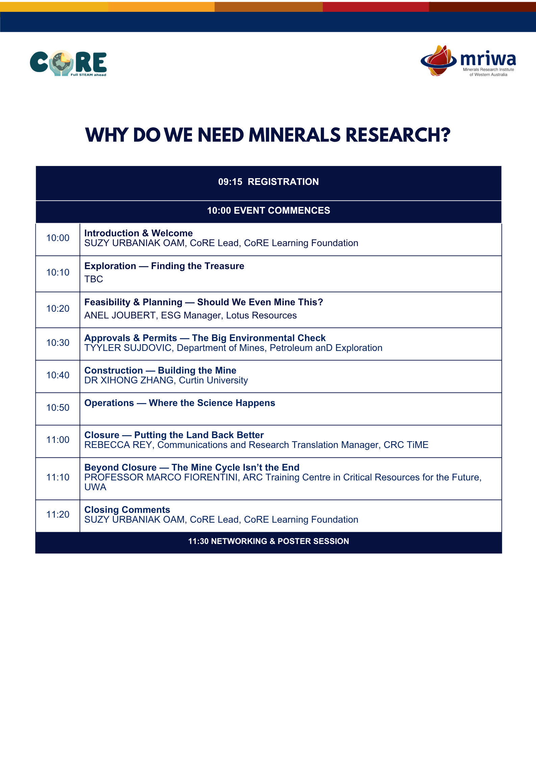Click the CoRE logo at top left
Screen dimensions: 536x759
click(68, 63)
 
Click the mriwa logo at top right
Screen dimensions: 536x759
click(468, 61)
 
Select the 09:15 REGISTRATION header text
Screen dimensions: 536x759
click(269, 182)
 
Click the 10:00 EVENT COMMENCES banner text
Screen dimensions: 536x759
click(269, 211)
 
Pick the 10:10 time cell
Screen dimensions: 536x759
click(58, 272)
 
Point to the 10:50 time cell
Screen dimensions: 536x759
click(58, 408)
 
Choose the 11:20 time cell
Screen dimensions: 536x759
click(58, 515)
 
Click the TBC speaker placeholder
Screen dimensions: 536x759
click(94, 279)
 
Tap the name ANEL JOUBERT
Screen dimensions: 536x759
click(120, 315)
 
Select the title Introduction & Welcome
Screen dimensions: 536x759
click(138, 233)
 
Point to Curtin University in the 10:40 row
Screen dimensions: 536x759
click(213, 380)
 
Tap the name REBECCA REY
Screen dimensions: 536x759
click(118, 445)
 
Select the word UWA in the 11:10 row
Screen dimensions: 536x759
click(95, 487)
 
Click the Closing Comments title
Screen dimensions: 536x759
click(127, 510)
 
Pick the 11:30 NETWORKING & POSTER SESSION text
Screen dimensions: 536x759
click(269, 541)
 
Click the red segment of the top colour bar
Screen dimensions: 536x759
click(376, 7)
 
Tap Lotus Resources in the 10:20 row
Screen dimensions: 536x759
click(261, 315)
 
